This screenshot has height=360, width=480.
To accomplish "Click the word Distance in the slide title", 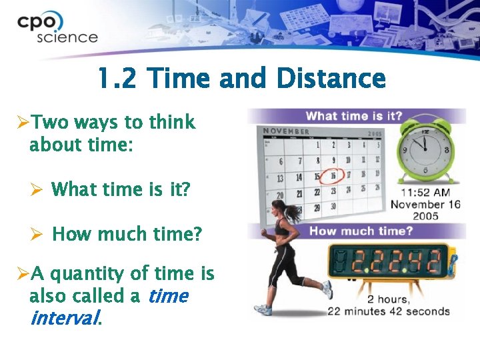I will (x=331, y=79).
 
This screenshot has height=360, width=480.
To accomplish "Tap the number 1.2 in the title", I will (x=118, y=79).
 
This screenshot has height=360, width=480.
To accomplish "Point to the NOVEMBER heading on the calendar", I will (x=286, y=131).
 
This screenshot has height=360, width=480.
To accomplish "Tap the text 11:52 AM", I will (x=425, y=192).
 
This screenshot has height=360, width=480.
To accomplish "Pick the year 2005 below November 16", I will (x=425, y=216).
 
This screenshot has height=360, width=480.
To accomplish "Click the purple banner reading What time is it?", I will (x=353, y=116).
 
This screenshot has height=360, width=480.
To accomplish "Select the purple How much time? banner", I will (x=360, y=231).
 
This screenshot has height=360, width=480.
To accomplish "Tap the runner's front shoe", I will (x=327, y=289).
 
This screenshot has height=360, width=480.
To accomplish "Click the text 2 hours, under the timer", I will (x=389, y=299).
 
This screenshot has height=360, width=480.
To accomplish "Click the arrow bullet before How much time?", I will (x=37, y=235).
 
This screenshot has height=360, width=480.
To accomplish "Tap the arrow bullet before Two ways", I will (x=22, y=123).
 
